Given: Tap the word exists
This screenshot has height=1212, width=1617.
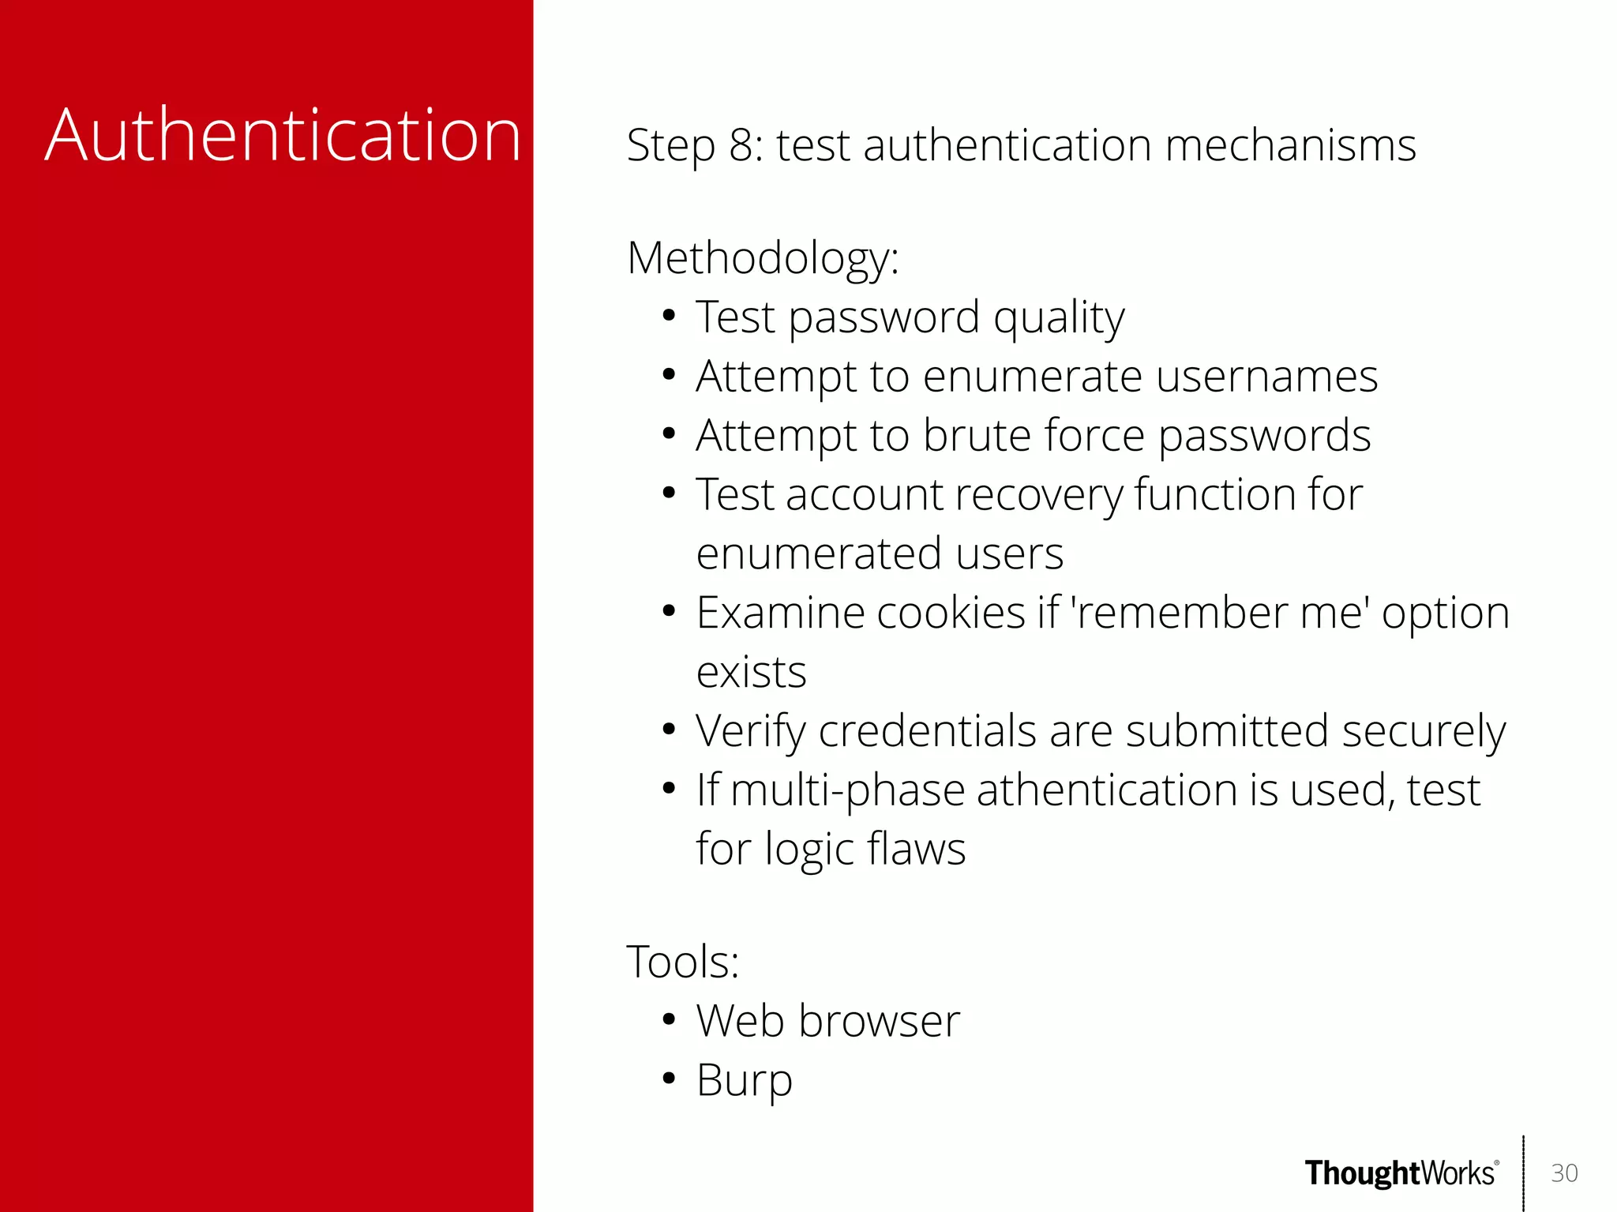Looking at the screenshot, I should click(751, 672).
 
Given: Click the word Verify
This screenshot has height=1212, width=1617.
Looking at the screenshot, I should click(750, 731).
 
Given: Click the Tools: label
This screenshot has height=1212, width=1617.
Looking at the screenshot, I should click(682, 962).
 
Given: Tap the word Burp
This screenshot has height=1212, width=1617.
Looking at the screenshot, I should click(744, 1080).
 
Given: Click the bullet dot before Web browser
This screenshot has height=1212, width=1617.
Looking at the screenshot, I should click(669, 1020).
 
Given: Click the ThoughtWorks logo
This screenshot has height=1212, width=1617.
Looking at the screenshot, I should click(1401, 1173).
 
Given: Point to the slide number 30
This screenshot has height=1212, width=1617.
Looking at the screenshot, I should click(1564, 1173).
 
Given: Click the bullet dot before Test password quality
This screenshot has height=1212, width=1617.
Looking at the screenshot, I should click(669, 317).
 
